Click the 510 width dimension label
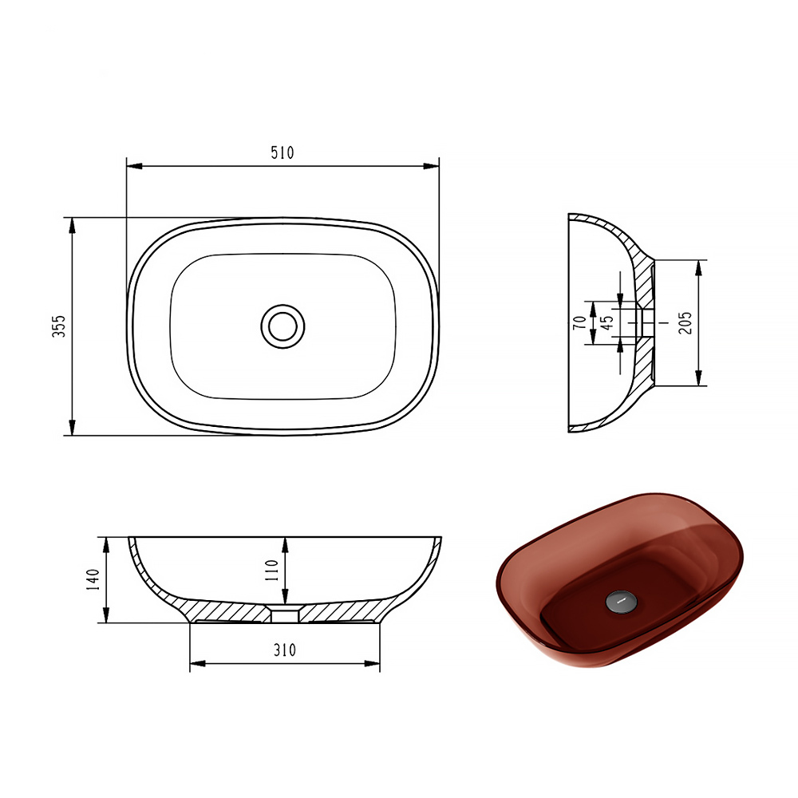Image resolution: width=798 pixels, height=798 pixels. [x=282, y=152]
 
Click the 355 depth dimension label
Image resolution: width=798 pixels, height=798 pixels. [x=59, y=326]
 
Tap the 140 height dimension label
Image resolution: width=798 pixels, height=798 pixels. [x=93, y=579]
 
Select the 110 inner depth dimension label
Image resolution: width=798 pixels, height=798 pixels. [x=271, y=571]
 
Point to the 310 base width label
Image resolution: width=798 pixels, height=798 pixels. [x=285, y=650]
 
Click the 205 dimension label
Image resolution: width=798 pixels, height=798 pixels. [x=685, y=322]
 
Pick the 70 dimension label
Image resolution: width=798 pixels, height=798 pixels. [x=579, y=322]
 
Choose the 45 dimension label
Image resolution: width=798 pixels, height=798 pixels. [x=606, y=322]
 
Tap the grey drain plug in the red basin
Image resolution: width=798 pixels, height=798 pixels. [x=621, y=601]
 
